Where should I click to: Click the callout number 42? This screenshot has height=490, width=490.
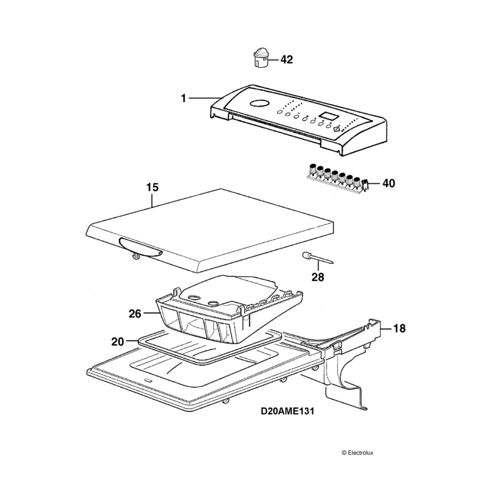pos(286,60)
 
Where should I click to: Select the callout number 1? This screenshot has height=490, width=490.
pos(183,98)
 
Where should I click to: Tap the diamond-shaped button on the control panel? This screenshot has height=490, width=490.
pos(337,128)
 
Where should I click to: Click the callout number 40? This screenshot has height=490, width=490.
pos(389,183)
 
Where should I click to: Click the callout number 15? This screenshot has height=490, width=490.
pos(152,187)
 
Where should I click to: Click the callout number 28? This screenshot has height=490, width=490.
pos(318,277)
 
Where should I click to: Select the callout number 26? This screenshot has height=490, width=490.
pos(135,313)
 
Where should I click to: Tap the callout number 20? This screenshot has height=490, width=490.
pos(118,341)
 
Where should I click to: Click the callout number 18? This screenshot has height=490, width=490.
pos(399,328)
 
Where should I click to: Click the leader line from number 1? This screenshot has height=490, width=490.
pos(203,98)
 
